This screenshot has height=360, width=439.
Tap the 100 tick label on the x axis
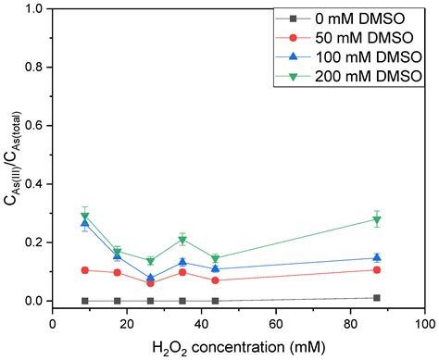(x=425, y=324)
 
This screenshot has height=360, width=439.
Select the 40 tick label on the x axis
(x=202, y=324)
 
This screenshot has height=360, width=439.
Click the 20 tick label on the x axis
(x=127, y=324)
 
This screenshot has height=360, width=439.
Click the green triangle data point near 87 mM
(x=376, y=219)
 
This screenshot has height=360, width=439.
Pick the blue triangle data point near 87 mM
(x=376, y=258)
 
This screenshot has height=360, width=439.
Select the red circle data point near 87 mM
(x=376, y=270)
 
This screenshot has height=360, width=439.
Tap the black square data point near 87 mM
(x=376, y=298)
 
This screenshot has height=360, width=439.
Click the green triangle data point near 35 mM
(x=182, y=240)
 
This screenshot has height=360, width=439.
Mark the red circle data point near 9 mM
(x=85, y=270)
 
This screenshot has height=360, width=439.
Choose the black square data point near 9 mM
(x=85, y=301)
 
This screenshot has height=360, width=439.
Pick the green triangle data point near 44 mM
(x=215, y=259)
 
